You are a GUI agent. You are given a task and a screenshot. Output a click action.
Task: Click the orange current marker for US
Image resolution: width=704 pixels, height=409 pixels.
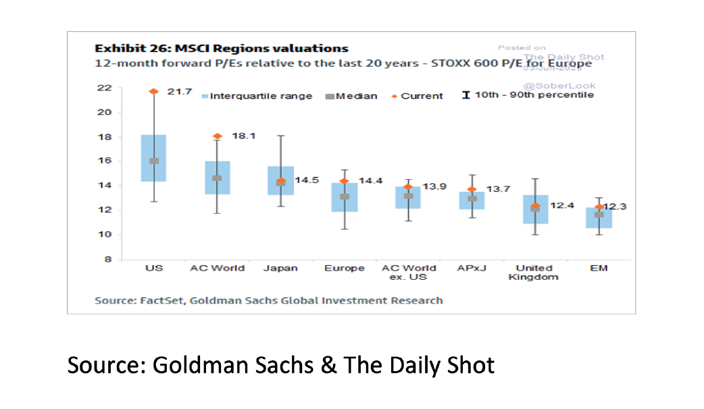(x=153, y=91)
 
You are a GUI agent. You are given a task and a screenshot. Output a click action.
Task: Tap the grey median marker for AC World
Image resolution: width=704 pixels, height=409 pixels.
(x=217, y=178)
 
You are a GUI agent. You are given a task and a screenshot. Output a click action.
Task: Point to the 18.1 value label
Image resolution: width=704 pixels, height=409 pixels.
(x=243, y=136)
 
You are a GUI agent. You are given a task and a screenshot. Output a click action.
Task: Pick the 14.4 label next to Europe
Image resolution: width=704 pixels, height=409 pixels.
(x=370, y=181)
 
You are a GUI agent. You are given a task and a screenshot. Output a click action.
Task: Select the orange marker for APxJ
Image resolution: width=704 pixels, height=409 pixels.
(x=472, y=190)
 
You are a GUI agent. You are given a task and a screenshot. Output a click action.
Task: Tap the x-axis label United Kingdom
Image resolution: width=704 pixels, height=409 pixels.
(x=535, y=272)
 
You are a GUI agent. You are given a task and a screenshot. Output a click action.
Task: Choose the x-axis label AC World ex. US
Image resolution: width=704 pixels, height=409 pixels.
(x=408, y=272)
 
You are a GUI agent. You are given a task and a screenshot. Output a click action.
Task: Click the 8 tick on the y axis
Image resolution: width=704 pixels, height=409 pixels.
(x=107, y=259)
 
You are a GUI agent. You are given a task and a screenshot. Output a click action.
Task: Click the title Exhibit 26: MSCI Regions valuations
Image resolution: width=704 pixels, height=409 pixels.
(x=221, y=49)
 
